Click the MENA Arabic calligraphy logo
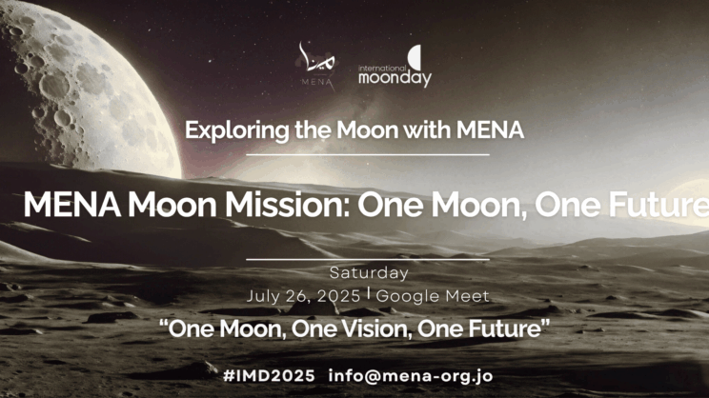click(316, 63)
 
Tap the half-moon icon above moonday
click(415, 57)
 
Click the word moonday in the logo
click(395, 79)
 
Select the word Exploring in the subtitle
click(237, 130)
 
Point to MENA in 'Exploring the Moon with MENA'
click(490, 130)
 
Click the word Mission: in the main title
click(287, 205)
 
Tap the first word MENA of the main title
click(71, 205)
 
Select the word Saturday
click(369, 273)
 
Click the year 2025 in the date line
click(338, 296)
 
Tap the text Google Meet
click(433, 296)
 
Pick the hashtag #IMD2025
click(269, 376)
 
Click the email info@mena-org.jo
click(411, 376)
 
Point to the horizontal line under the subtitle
click(368, 155)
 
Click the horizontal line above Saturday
click(368, 260)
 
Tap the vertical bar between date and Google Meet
click(369, 294)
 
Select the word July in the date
click(262, 297)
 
